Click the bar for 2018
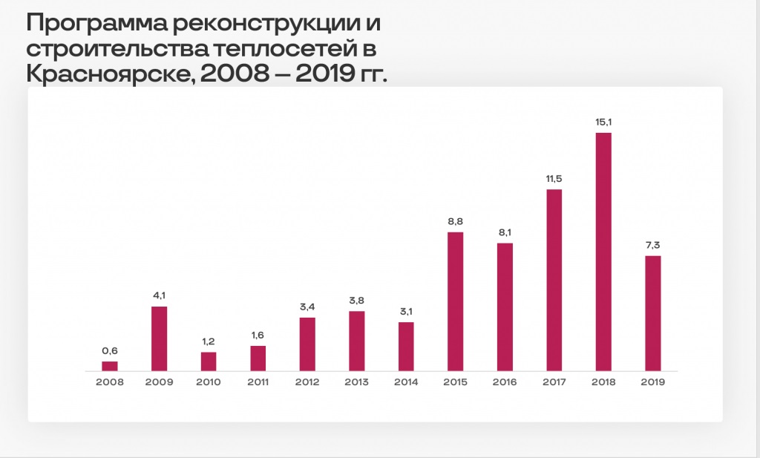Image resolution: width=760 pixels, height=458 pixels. (x=603, y=252)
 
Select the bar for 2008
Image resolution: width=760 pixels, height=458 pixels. (x=110, y=366)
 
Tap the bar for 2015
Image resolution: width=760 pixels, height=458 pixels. (x=456, y=301)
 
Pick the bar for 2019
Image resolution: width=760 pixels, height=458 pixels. (x=652, y=313)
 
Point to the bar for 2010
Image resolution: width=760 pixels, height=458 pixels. (x=209, y=361)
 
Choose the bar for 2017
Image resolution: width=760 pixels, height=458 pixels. (x=554, y=280)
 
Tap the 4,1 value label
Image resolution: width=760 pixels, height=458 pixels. (x=160, y=296)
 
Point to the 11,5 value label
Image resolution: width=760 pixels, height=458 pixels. (x=554, y=180)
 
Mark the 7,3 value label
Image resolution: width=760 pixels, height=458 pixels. (x=652, y=246)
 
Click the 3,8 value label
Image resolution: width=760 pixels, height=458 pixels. (x=357, y=301)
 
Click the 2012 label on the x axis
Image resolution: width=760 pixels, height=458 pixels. (x=307, y=382)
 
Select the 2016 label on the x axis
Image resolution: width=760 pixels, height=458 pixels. (x=505, y=382)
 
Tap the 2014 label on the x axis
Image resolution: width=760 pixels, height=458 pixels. (x=406, y=382)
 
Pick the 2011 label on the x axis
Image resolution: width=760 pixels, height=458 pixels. (x=258, y=382)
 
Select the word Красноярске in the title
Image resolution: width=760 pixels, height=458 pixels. (x=111, y=75)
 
